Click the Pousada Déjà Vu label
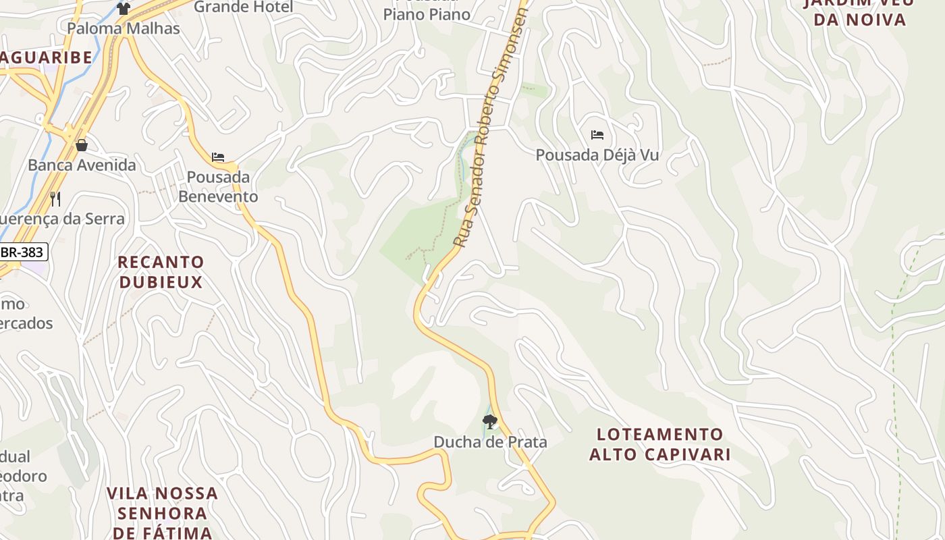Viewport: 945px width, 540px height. (597, 155)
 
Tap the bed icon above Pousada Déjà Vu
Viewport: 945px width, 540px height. (597, 135)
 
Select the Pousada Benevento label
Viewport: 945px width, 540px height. (218, 186)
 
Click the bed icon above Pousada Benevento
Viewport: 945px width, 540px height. (218, 157)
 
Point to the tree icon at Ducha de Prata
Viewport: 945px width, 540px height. (490, 422)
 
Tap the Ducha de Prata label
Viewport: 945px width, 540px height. (490, 442)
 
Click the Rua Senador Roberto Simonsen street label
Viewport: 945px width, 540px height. (489, 128)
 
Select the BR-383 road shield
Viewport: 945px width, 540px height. (23, 252)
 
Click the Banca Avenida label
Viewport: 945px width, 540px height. (82, 165)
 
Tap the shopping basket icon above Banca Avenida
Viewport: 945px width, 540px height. (82, 145)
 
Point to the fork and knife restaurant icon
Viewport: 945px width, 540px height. (55, 199)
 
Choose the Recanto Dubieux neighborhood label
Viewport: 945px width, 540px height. (161, 271)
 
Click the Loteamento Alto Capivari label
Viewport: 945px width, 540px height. (659, 443)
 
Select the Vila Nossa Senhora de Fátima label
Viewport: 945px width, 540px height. (162, 512)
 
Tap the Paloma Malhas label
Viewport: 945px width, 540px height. (124, 28)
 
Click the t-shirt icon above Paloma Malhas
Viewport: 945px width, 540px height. (123, 8)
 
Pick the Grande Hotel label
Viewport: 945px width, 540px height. (244, 7)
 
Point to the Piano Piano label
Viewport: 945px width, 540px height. (427, 13)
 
